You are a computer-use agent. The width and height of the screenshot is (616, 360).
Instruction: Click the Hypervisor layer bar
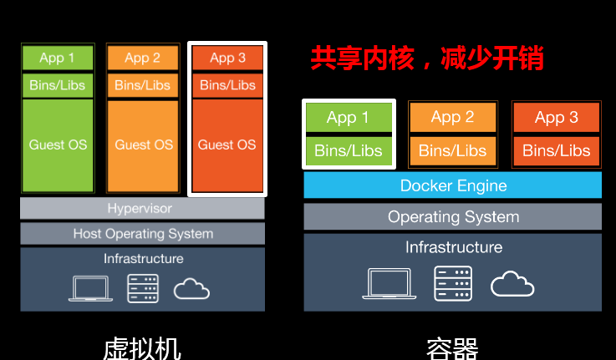142,208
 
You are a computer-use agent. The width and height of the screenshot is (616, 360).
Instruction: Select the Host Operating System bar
142,234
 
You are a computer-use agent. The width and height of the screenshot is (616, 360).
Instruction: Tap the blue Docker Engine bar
452,185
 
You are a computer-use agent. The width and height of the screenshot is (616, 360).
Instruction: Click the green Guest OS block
58,145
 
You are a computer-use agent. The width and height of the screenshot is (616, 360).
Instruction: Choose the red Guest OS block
227,145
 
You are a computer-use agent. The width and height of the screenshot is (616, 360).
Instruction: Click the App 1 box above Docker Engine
349,118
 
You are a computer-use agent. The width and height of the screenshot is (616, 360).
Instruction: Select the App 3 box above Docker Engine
557,118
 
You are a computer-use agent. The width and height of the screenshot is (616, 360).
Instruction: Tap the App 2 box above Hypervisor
143,58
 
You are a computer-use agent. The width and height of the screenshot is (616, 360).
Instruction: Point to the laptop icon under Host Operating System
90,288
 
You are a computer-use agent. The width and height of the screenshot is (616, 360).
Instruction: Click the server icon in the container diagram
453,283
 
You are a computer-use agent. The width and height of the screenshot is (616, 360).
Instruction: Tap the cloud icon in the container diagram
512,283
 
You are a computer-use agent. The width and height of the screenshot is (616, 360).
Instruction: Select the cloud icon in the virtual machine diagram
191,288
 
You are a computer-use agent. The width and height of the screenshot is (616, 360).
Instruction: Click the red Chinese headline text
427,58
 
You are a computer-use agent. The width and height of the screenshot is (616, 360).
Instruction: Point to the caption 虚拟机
142,349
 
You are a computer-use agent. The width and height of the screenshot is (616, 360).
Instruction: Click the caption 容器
452,349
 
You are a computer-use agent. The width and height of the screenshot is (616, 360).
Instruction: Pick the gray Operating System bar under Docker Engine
452,216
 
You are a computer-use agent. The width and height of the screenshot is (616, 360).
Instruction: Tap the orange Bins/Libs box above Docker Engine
452,150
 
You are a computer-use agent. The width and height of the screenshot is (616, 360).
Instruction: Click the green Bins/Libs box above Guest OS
58,85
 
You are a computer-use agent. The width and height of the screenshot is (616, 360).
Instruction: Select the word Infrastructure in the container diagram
454,247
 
